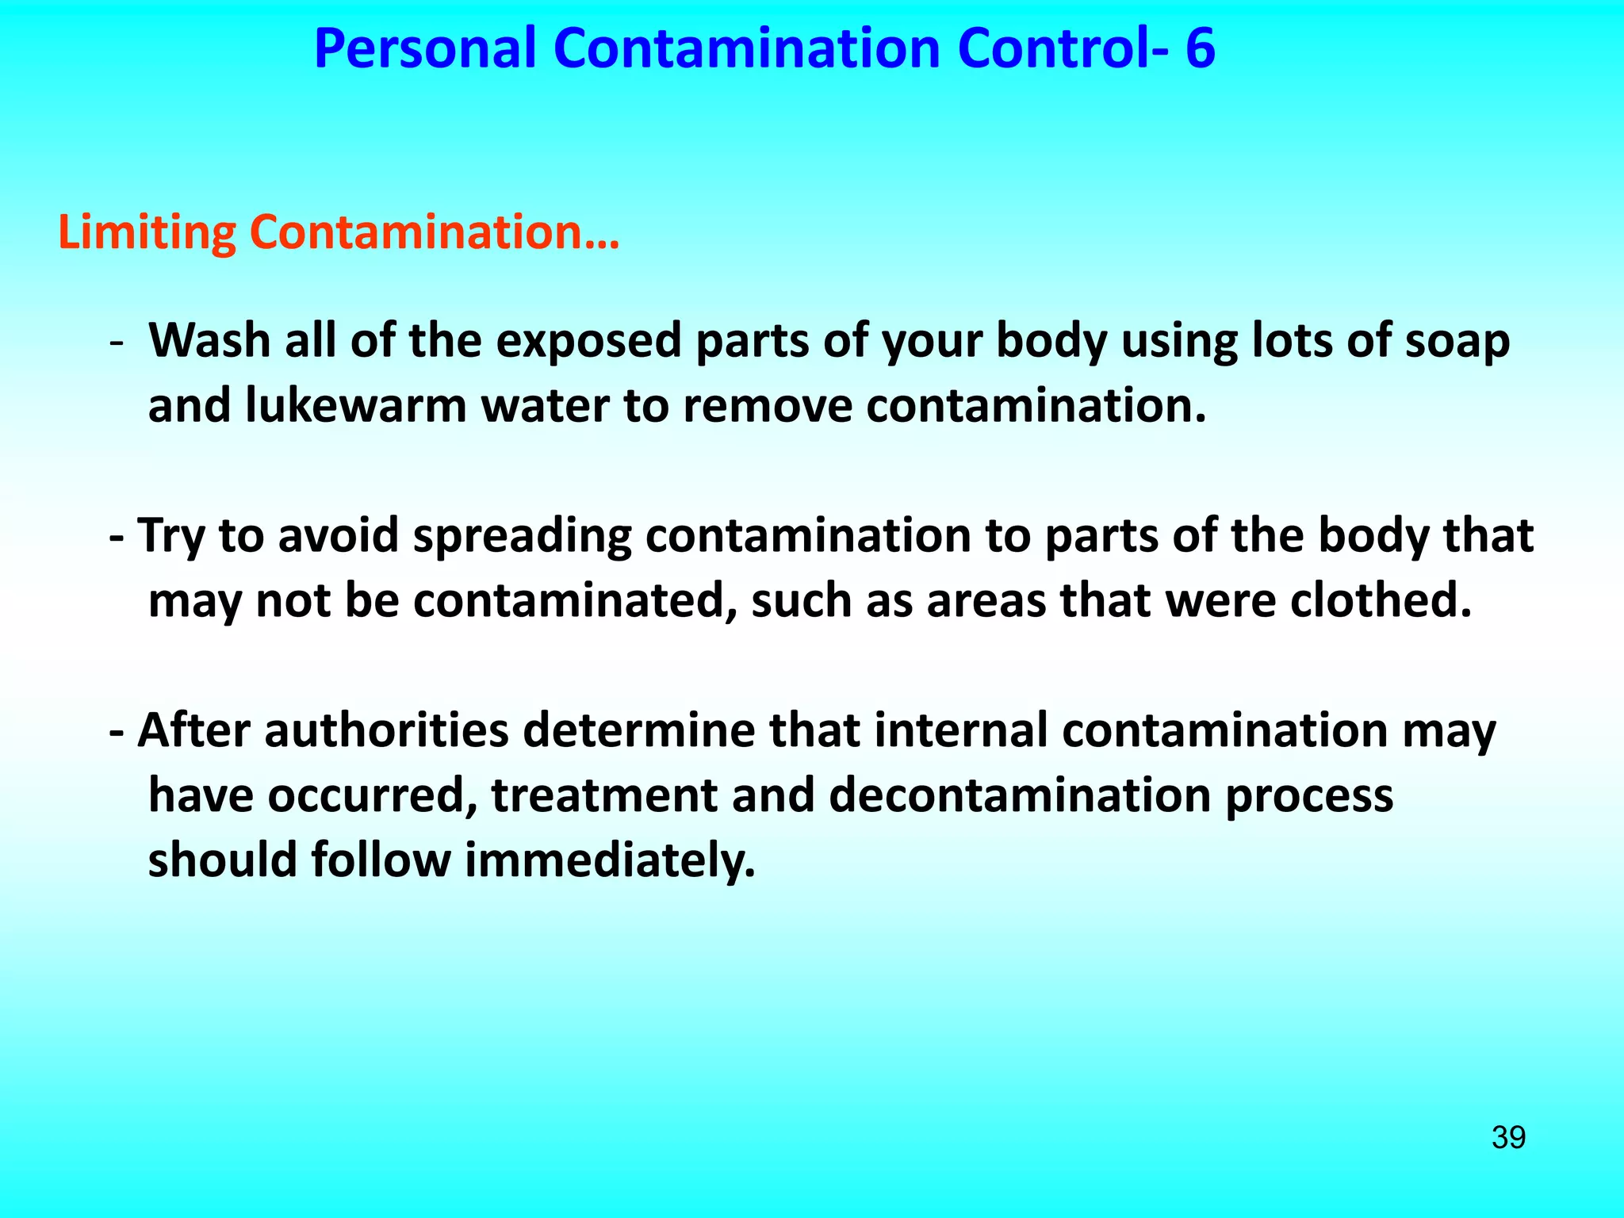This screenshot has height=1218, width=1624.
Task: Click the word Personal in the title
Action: (425, 49)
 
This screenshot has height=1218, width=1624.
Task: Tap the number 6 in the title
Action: (1200, 49)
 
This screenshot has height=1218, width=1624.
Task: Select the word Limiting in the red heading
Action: (147, 233)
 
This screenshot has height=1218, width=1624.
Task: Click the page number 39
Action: (1508, 1137)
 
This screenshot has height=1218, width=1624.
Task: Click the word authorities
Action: (386, 730)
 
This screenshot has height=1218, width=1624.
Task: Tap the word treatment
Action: (603, 795)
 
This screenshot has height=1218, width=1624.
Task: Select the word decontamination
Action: (1020, 795)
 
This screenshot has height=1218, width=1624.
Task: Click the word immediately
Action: (609, 861)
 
